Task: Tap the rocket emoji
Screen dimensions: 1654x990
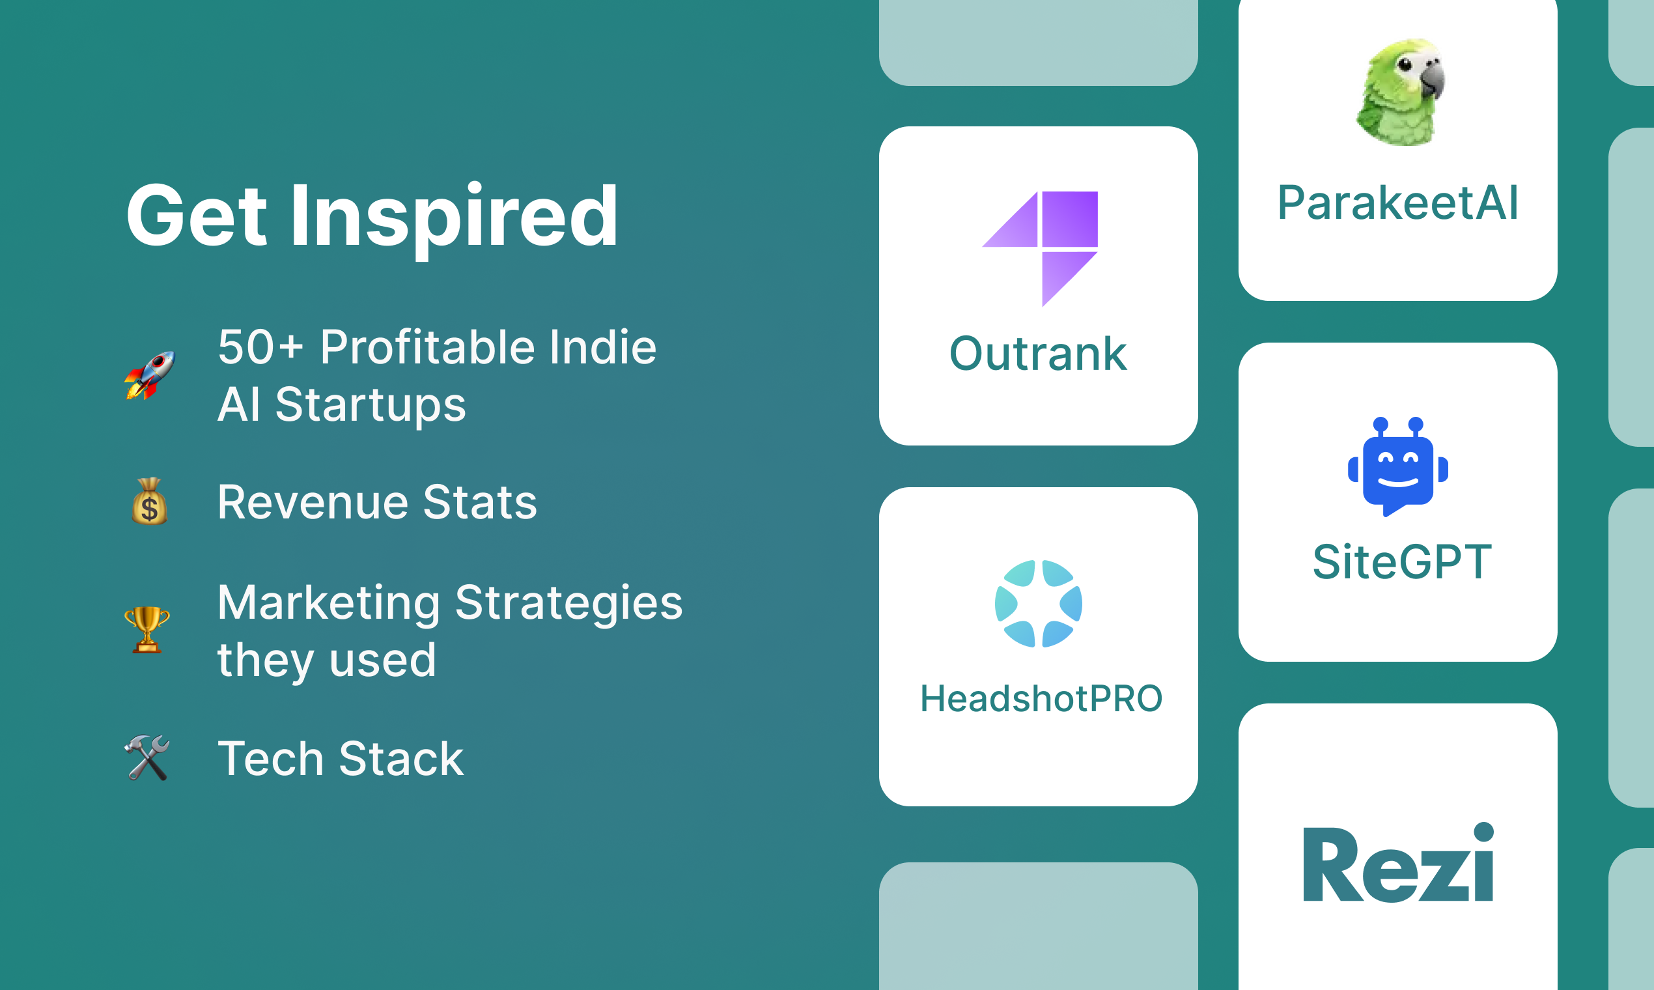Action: tap(149, 376)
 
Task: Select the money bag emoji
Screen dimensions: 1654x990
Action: tap(149, 501)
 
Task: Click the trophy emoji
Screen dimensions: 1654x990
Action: tap(147, 629)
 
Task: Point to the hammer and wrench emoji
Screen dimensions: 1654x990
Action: tap(147, 758)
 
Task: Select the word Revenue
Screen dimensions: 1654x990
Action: tap(313, 502)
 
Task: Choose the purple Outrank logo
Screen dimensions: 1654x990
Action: tap(1040, 249)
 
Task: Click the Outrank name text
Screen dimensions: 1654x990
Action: tap(1039, 354)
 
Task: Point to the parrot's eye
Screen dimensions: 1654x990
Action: tap(1405, 64)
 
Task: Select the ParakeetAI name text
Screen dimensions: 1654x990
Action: tap(1398, 203)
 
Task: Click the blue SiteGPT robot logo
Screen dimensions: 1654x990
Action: tap(1398, 466)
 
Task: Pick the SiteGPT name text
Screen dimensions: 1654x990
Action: tap(1402, 561)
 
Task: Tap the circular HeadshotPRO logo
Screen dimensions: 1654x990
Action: tap(1039, 604)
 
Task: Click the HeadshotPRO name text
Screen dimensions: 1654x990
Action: tap(1041, 699)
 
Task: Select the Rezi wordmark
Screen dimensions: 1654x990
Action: tap(1399, 862)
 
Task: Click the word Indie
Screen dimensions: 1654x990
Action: tap(603, 348)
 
